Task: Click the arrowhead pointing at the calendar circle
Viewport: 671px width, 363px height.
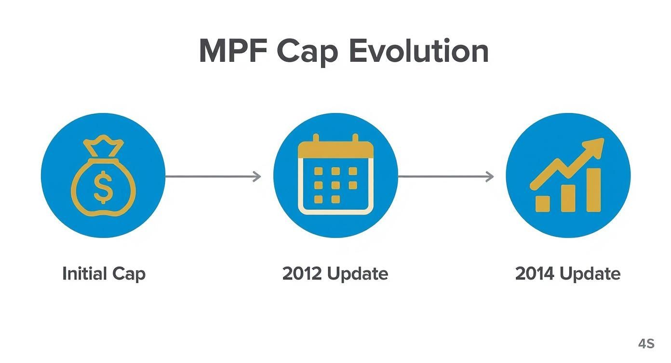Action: (257, 177)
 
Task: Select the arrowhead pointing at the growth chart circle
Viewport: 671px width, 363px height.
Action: (489, 177)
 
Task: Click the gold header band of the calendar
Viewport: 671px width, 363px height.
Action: (335, 150)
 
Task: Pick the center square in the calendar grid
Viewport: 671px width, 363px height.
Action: (335, 185)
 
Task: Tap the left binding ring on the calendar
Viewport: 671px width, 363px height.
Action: (316, 140)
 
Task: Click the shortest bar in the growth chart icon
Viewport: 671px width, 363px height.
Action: (543, 203)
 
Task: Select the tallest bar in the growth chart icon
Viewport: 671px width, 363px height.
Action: (593, 190)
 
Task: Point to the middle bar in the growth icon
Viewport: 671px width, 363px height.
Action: (568, 198)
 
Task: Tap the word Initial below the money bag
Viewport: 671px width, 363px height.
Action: (85, 274)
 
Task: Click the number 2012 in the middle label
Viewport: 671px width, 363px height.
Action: (302, 274)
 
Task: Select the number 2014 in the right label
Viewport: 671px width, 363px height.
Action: (535, 274)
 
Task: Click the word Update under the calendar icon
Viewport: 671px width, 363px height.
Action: (357, 274)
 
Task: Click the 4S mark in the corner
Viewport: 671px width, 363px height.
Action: (646, 344)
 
